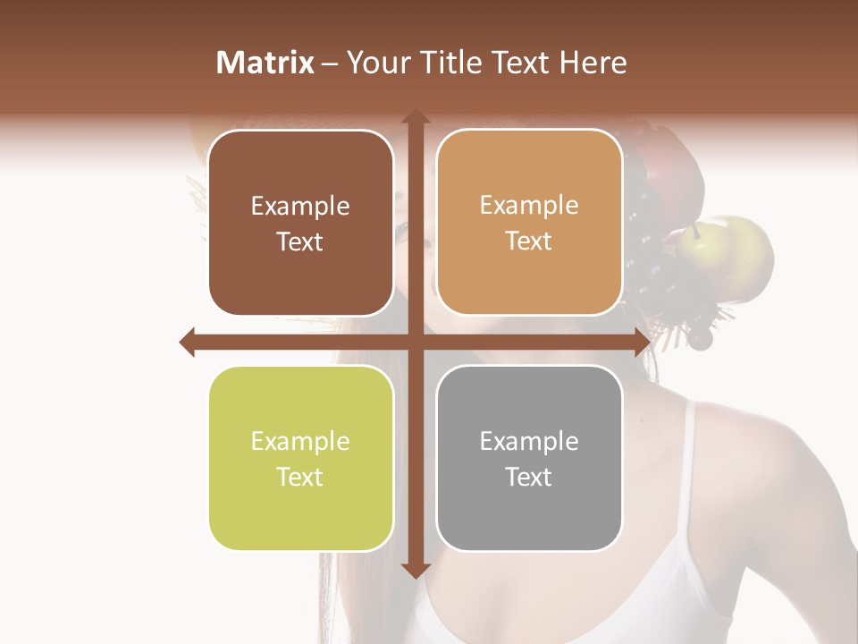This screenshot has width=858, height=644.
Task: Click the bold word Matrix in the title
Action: [x=265, y=63]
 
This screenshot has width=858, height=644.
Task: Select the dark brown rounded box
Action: [x=300, y=224]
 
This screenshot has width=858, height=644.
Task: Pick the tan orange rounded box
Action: [x=529, y=223]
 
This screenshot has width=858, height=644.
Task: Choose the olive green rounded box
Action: [x=300, y=459]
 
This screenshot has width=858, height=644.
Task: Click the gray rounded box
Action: [x=529, y=459]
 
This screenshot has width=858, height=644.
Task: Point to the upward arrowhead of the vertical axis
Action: [x=415, y=117]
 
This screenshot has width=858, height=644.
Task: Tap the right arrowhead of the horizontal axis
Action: [x=642, y=342]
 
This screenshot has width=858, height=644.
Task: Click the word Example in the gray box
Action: [x=529, y=441]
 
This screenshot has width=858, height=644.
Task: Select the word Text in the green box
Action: [x=300, y=478]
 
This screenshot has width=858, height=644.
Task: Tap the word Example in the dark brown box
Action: [x=300, y=206]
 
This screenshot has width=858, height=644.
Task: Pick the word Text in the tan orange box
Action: [x=529, y=241]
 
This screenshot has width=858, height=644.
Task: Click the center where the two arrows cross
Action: [x=415, y=342]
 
